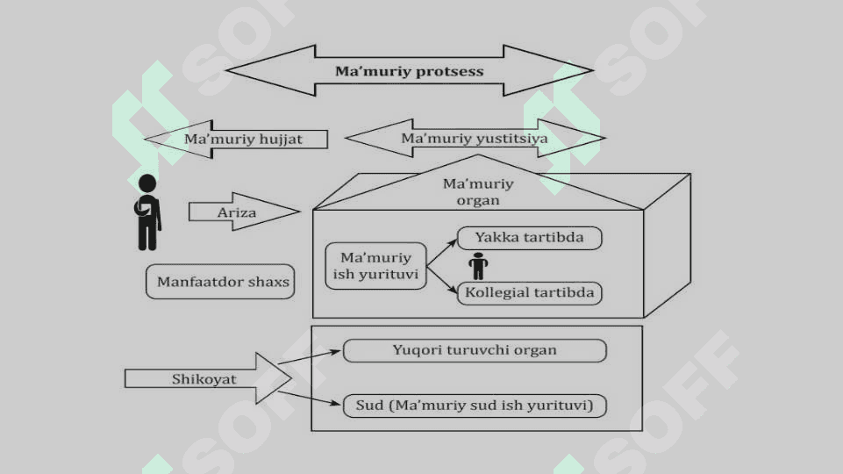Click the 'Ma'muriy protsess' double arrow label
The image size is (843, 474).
[x=409, y=71]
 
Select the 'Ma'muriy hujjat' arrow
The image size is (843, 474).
[x=237, y=139]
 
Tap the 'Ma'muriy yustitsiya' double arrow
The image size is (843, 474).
[x=475, y=139]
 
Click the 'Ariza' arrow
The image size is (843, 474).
[x=244, y=212]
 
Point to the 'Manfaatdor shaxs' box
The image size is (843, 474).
[x=220, y=282]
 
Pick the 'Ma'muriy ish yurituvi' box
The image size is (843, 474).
[x=375, y=266]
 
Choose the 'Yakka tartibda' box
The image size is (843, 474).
[x=530, y=238]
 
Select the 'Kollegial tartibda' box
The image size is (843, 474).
[x=530, y=293]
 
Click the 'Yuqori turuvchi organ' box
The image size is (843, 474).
[x=475, y=350]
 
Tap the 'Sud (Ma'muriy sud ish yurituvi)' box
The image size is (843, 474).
[x=475, y=406]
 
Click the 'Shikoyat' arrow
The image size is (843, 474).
[x=209, y=378]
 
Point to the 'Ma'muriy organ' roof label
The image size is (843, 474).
[x=478, y=191]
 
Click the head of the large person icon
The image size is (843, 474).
[x=147, y=183]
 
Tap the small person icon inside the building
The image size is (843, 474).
[x=478, y=266]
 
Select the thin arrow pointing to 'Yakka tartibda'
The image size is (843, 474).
[x=441, y=253]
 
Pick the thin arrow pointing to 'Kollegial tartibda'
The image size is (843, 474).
[x=441, y=280]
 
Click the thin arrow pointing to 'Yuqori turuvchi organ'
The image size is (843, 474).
[x=309, y=357]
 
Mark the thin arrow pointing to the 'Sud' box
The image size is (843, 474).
[x=309, y=399]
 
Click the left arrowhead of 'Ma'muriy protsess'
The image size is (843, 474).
[x=270, y=70]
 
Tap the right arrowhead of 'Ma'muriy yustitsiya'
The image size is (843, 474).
[x=571, y=139]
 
